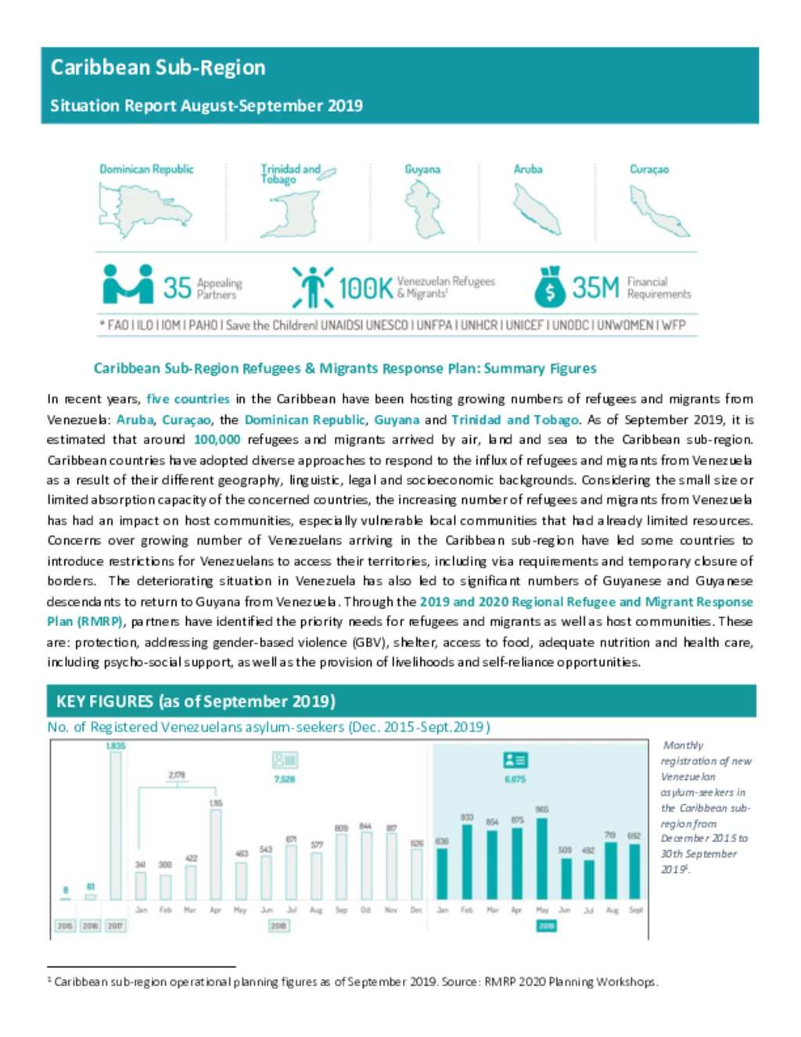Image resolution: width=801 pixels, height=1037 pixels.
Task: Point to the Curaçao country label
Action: click(x=649, y=169)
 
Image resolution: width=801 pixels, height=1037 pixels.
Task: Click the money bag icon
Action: click(x=550, y=287)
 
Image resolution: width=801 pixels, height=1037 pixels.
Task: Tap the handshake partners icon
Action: click(x=128, y=284)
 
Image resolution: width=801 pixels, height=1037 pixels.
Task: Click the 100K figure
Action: click(x=365, y=288)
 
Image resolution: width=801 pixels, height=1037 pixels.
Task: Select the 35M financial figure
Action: click(x=595, y=287)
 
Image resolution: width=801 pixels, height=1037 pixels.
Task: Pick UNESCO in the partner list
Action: click(x=386, y=325)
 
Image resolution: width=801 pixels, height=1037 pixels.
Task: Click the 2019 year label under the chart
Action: click(x=546, y=926)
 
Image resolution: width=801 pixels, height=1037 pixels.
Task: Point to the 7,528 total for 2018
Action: click(x=285, y=780)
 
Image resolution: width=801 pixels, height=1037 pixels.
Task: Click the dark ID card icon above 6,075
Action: click(x=515, y=760)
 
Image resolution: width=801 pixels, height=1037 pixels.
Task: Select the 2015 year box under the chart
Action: click(x=65, y=926)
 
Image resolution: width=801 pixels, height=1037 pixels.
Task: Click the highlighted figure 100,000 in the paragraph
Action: click(x=217, y=440)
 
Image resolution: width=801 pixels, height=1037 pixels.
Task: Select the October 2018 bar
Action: click(x=365, y=865)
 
